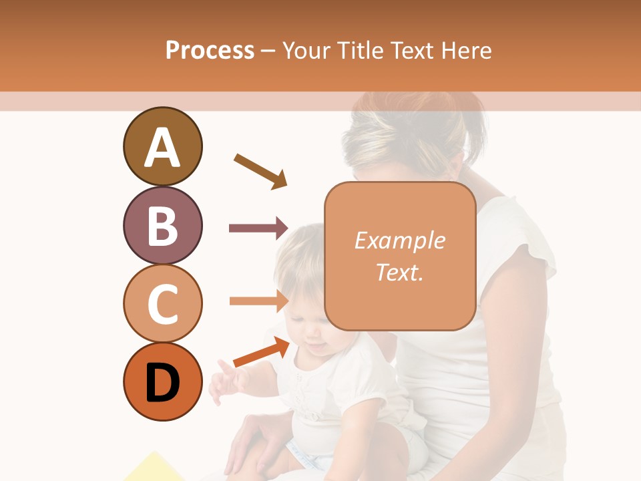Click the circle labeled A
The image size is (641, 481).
[162, 146]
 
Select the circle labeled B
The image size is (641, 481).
[162, 225]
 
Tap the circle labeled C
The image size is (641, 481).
[162, 303]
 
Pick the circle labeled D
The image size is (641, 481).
[162, 381]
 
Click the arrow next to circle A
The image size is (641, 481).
[260, 171]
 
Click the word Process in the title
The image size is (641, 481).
[210, 51]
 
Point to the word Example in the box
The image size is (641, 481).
[399, 240]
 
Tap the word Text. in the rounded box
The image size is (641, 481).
[399, 272]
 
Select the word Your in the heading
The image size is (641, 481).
[306, 51]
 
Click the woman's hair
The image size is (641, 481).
[414, 127]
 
